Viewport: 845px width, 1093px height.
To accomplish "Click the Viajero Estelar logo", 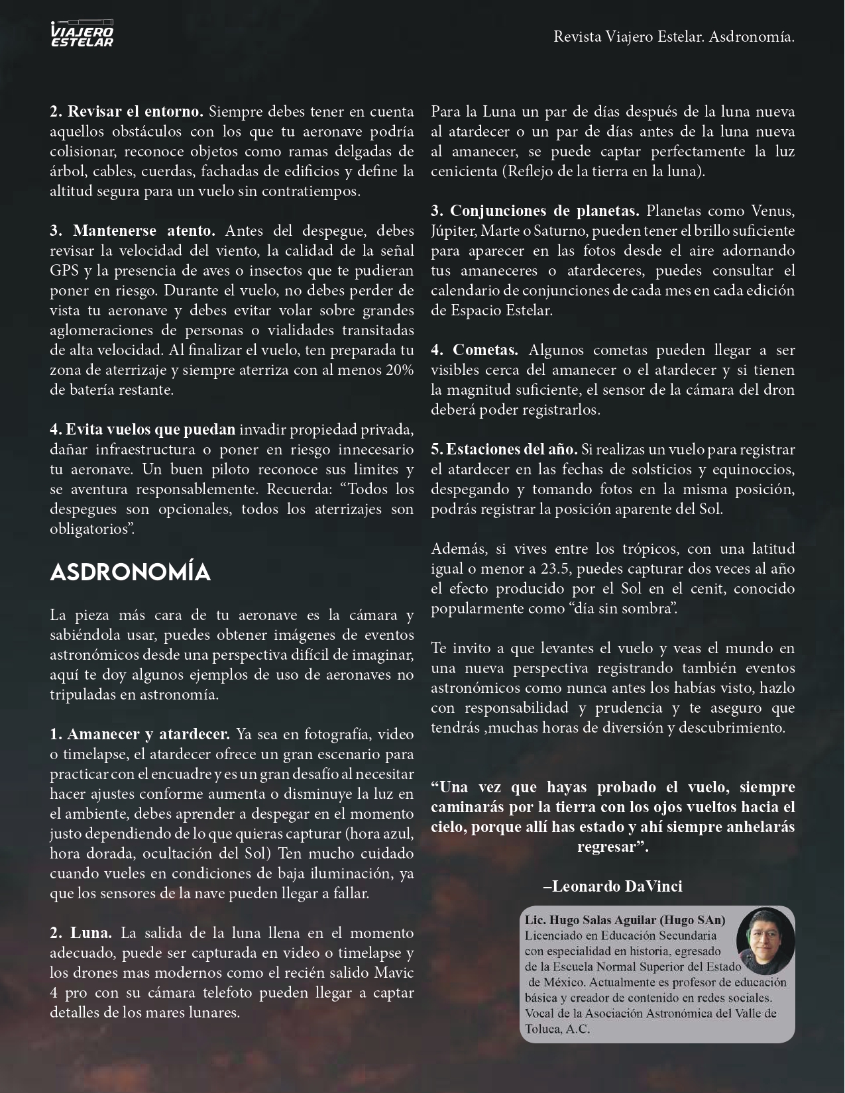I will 82,34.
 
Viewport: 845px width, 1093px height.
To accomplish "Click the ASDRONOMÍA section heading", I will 131,573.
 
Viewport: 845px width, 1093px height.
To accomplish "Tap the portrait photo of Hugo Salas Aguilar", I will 765,936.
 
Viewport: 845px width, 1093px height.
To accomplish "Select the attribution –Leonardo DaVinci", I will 612,886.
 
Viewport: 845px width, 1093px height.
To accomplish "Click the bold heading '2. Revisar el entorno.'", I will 126,111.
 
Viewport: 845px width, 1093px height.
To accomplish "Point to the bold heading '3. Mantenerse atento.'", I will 133,231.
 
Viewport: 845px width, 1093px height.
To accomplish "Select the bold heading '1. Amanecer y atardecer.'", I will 140,734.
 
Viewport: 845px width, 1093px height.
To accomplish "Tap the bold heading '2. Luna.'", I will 81,933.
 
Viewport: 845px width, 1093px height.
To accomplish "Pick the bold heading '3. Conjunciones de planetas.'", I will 535,211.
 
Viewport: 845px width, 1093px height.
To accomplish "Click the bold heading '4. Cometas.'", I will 475,350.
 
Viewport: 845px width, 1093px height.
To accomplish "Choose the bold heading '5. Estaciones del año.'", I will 504,449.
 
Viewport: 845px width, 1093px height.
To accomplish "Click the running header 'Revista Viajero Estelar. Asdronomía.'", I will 674,37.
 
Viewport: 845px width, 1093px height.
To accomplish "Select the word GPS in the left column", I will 64,270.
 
